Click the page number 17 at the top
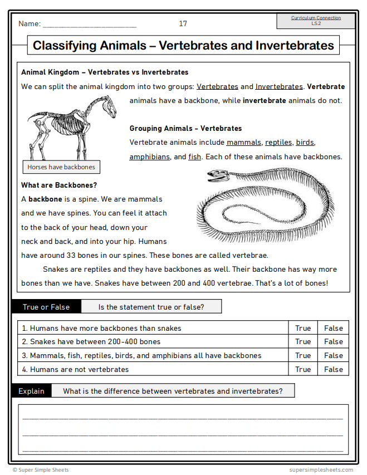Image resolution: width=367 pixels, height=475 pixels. (x=183, y=23)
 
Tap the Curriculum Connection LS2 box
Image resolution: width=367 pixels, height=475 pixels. (x=316, y=21)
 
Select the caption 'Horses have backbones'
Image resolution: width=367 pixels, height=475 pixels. (x=61, y=167)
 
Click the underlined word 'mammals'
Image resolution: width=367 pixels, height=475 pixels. (x=243, y=143)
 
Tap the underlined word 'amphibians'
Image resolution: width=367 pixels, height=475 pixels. (x=149, y=157)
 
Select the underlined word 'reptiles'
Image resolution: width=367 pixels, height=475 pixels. (x=278, y=143)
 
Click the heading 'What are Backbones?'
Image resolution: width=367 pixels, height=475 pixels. (x=59, y=185)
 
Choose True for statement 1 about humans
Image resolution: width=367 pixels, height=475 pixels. (x=303, y=328)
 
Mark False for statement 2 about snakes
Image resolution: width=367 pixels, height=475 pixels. (x=334, y=342)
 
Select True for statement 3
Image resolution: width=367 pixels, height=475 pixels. (x=303, y=356)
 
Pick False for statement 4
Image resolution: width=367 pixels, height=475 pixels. (x=334, y=369)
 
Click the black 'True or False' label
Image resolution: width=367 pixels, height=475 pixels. (x=46, y=307)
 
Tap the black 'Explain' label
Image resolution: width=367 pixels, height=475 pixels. (x=31, y=391)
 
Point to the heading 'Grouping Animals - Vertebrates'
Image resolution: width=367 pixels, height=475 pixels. (x=185, y=128)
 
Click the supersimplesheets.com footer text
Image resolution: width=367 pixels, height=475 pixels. (x=321, y=470)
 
